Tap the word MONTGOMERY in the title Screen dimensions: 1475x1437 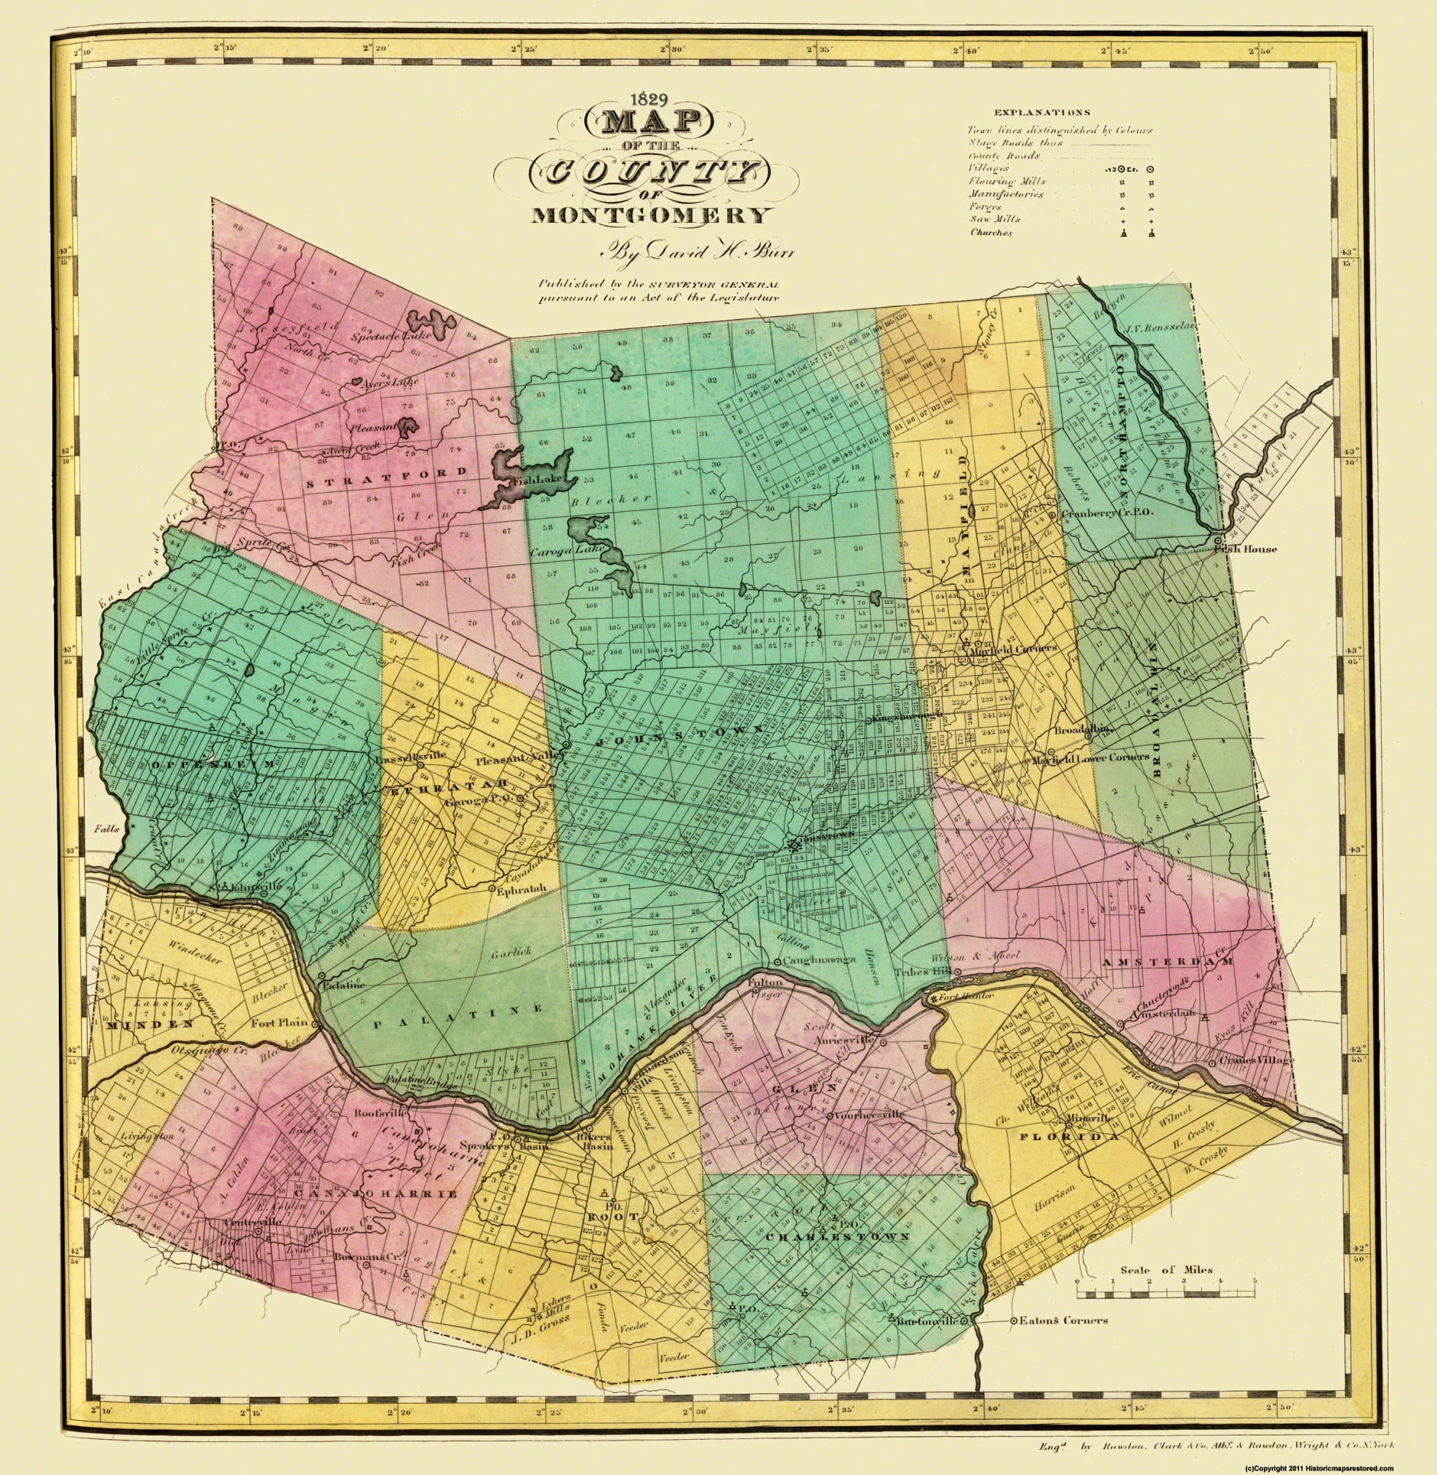point(652,216)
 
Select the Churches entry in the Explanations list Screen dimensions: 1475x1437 point(992,232)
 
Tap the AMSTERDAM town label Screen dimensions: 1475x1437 point(1166,962)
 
